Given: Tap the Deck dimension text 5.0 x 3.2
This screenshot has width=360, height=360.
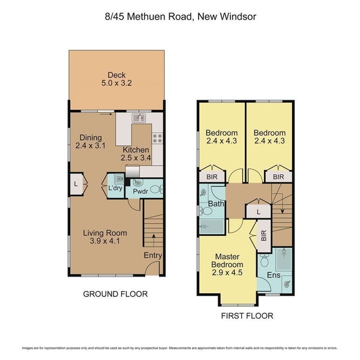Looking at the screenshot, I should pos(116,85).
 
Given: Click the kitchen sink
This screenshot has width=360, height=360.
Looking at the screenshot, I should pos(140,118).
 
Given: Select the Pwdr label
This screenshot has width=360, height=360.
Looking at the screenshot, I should pos(140,193).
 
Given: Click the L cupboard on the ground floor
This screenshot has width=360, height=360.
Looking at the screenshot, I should pos(76,184).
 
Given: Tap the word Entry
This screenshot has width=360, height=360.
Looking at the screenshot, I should pos(152,255).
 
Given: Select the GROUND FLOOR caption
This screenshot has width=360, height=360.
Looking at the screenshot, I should pos(115,294).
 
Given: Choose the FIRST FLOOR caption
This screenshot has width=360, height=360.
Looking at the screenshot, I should pos(247,316).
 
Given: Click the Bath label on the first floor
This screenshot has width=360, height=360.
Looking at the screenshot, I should pos(215,205).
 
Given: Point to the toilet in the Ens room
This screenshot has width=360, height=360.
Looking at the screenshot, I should pos(265,261).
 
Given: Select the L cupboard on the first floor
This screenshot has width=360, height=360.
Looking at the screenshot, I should pos(257,212).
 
